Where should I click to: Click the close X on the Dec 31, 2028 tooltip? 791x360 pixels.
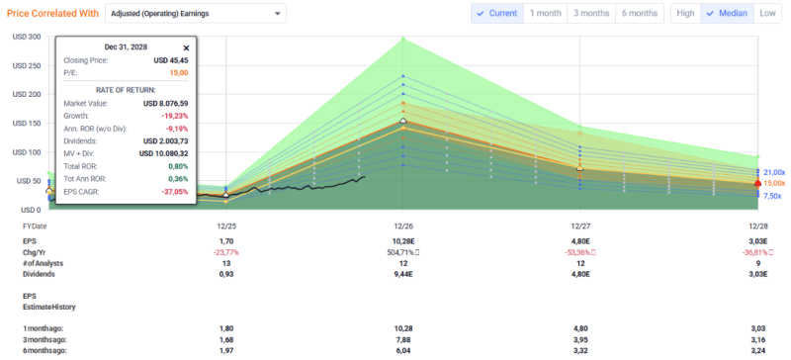point(186,47)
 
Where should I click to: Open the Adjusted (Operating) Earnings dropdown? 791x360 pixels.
point(195,14)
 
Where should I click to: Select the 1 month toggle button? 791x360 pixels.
point(546,13)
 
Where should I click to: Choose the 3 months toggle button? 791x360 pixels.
point(591,13)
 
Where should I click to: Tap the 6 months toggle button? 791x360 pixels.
point(640,13)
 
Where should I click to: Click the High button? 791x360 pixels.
point(685,13)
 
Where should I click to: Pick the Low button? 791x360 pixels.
point(767,13)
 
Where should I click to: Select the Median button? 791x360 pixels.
point(728,13)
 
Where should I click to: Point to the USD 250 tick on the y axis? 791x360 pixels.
point(27,65)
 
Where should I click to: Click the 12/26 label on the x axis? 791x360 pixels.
point(403,226)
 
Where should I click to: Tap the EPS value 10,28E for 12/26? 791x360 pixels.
point(403,242)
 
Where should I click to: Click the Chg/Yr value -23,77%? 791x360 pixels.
point(226,252)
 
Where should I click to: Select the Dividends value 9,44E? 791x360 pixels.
point(403,274)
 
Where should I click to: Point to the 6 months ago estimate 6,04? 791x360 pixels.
point(403,350)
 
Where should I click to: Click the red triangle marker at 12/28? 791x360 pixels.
point(757,183)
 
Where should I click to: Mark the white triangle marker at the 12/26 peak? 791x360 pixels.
point(403,121)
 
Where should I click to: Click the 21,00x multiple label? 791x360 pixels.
point(774,172)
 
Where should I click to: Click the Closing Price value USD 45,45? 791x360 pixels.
point(171,60)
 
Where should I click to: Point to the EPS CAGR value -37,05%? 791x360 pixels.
point(175,192)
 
